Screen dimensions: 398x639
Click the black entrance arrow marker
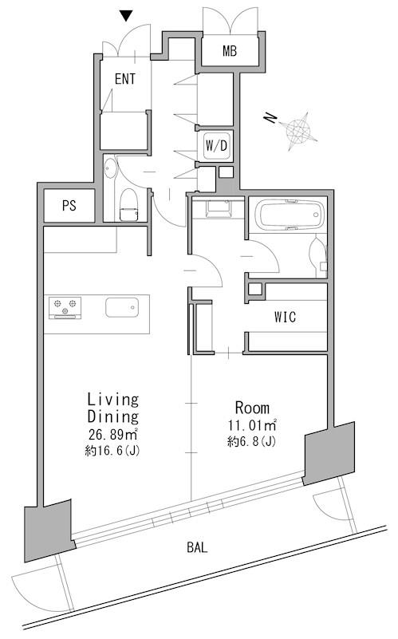coord(127,16)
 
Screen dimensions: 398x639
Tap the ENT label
coord(125,79)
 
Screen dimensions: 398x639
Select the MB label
coord(230,51)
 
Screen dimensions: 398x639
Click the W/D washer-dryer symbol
coord(216,145)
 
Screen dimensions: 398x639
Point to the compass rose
coord(298,131)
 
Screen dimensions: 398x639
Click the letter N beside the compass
coord(270,118)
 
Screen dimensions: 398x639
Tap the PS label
coord(69,205)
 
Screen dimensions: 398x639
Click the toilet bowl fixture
coord(128,204)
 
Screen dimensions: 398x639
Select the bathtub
coord(290,215)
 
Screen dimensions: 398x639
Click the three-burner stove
coord(65,308)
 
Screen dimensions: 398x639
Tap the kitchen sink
coord(122,307)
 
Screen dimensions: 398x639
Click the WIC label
coord(286,317)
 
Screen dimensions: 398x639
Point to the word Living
coord(113,399)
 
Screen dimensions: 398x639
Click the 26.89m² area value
coord(113,435)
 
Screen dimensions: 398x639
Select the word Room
coord(252,408)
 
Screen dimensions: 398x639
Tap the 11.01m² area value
coord(252,425)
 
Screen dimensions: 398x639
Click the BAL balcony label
coord(197,547)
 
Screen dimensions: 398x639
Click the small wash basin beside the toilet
coord(109,168)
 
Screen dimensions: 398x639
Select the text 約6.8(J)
coord(251,441)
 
